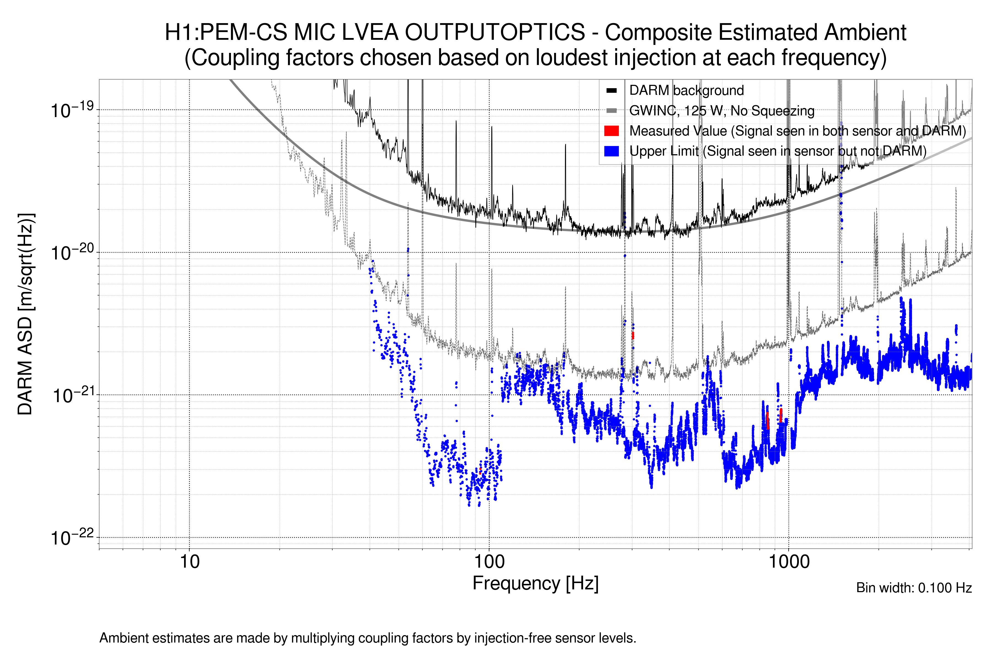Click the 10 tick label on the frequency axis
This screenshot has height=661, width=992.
pos(189,562)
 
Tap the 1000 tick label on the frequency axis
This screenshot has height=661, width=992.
pos(789,562)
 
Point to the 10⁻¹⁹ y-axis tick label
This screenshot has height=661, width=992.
pos(72,110)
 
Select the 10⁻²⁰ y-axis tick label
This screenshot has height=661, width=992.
pos(72,253)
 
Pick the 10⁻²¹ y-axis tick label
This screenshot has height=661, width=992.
pos(72,395)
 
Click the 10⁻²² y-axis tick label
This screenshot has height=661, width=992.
pos(72,538)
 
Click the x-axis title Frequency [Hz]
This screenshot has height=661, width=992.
pos(535,583)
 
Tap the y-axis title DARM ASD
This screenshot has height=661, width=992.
pos(25,314)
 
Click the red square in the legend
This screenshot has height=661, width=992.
pos(611,131)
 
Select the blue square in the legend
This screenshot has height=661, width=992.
pos(611,151)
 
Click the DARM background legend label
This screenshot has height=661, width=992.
pos(686,90)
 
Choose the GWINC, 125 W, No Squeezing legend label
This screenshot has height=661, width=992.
pos(722,110)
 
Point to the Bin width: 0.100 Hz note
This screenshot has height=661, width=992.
pos(913,588)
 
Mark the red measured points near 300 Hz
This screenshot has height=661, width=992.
pos(633,335)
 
